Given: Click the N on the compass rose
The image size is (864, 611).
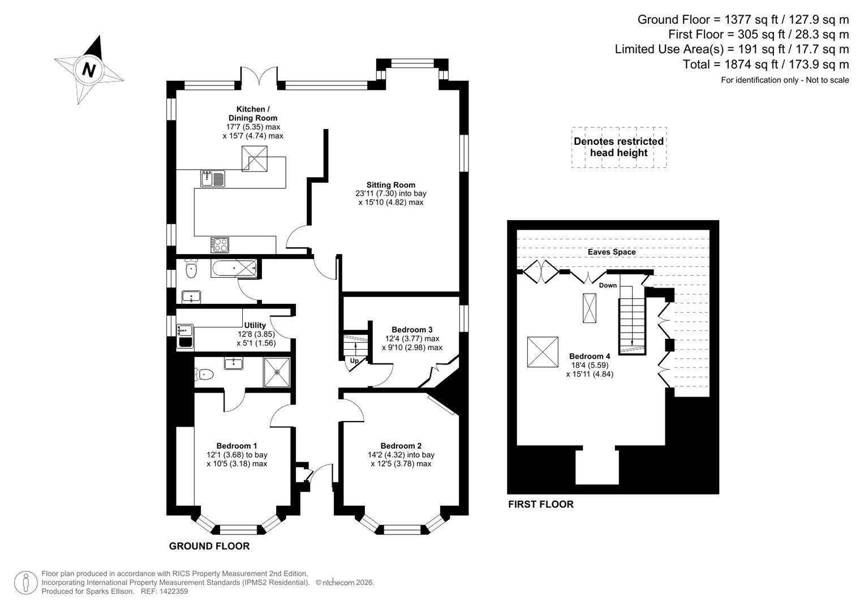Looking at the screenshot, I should click(88, 69).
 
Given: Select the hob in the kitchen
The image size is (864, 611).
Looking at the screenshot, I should click(220, 244).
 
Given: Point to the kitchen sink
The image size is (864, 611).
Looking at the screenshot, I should click(212, 178).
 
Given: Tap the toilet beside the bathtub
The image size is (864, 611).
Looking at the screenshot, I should click(191, 269).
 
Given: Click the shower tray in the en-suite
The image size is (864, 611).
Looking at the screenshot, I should click(277, 372).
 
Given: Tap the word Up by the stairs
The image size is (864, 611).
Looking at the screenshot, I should click(354, 360).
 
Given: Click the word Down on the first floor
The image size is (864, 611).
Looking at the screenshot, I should click(608, 285).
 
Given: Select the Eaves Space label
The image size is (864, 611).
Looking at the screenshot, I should click(612, 252).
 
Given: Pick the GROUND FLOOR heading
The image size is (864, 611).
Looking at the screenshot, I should click(209, 546).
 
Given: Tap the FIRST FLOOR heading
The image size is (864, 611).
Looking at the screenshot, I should click(540, 504).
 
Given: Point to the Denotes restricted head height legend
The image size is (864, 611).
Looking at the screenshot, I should click(618, 147).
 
